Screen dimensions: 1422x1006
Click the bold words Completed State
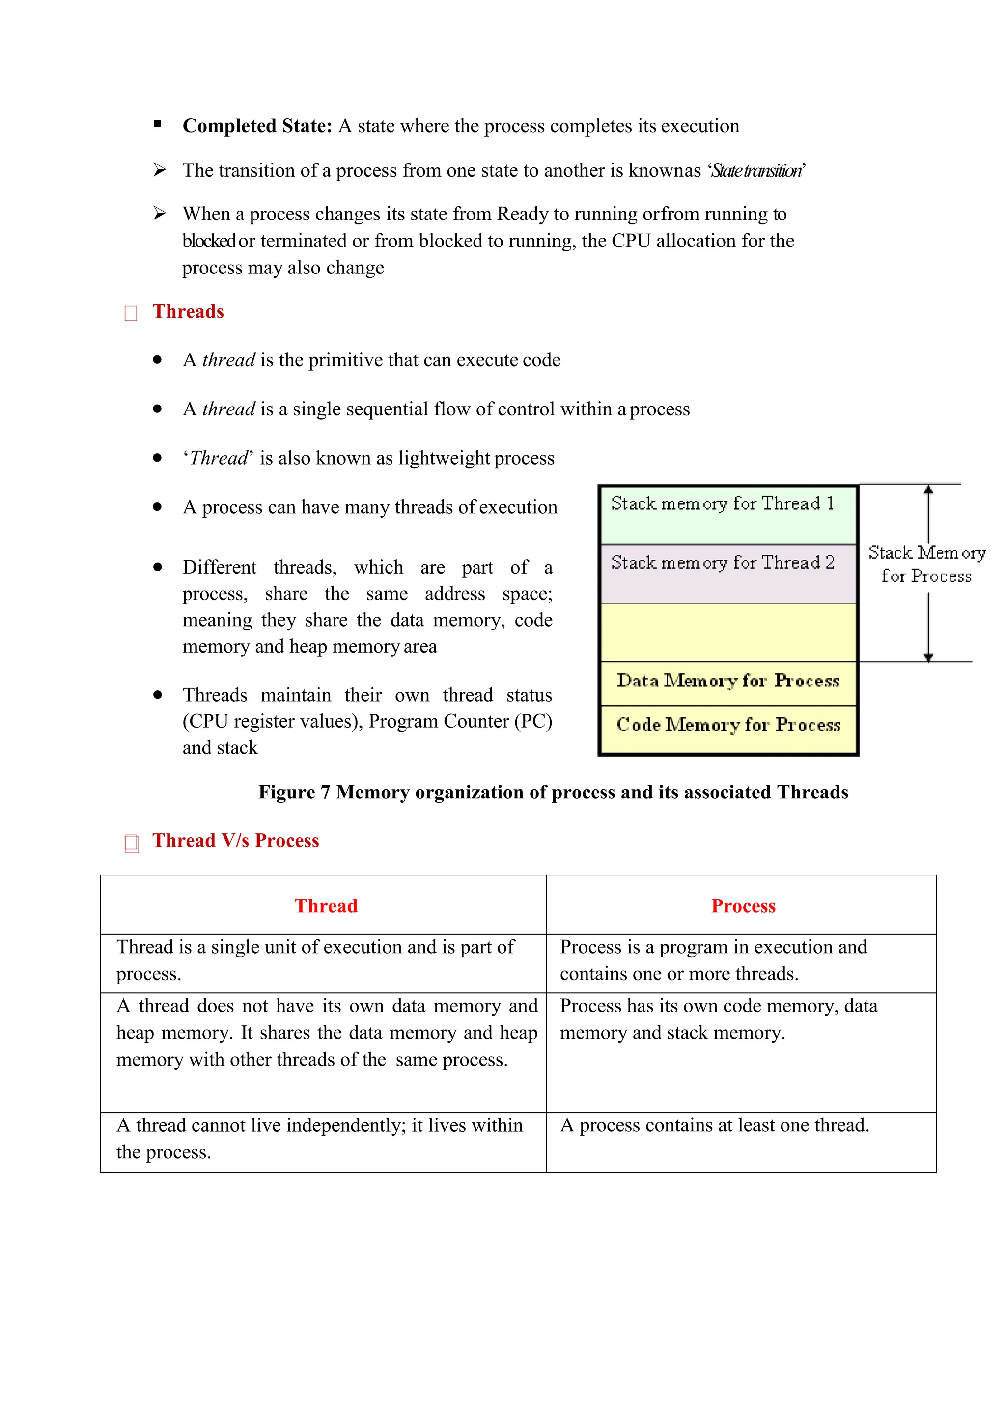(x=256, y=126)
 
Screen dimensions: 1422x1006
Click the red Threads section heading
(x=188, y=311)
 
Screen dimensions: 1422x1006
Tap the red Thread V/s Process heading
(x=235, y=841)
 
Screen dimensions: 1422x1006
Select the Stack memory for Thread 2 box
(x=727, y=574)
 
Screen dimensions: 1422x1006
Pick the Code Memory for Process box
(x=727, y=725)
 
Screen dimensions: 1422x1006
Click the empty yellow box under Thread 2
(x=727, y=632)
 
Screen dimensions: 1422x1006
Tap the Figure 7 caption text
(x=553, y=792)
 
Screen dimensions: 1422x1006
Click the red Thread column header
(x=326, y=906)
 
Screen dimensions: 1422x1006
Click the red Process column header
(x=743, y=906)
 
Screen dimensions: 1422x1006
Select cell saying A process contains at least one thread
(x=714, y=1125)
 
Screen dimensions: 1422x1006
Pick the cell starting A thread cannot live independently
(x=319, y=1138)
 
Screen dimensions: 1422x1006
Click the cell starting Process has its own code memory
(x=718, y=1019)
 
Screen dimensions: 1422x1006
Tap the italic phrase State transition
(x=756, y=171)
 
